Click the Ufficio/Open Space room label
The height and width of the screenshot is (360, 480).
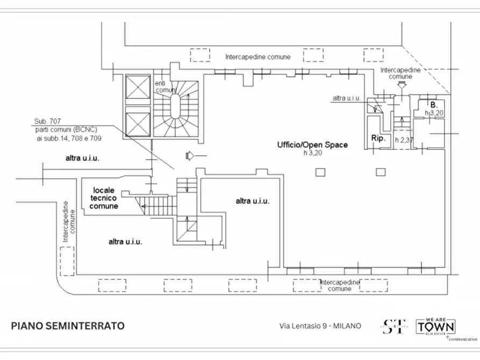pos(312,145)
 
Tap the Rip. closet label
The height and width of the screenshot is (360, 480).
pos(379,139)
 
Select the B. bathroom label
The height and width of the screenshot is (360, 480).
pos(433,104)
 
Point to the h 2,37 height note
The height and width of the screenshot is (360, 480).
pos(404,140)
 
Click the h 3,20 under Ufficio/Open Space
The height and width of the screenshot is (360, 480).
pos(312,153)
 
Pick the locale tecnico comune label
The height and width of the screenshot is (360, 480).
pos(104,198)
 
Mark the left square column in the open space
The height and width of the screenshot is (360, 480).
pos(320,172)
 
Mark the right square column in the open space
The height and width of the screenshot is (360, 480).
pos(381,172)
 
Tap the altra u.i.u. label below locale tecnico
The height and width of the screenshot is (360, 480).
pos(125,242)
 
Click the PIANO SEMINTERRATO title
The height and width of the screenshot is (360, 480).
pos(68,326)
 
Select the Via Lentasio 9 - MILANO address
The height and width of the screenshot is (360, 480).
pos(320,326)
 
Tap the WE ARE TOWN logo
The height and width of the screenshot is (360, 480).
pos(436,326)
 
